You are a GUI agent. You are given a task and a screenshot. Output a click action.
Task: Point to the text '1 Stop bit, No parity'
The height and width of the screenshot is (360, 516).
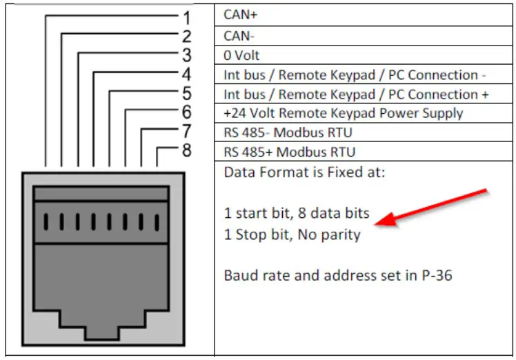pyautogui.click(x=292, y=234)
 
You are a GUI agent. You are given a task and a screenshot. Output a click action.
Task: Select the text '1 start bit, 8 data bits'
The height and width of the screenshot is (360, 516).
pyautogui.click(x=297, y=214)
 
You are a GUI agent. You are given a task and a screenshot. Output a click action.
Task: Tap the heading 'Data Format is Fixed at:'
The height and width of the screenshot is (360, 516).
pyautogui.click(x=304, y=172)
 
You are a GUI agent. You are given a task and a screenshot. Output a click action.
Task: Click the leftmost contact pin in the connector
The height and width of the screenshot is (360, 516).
pyautogui.click(x=45, y=221)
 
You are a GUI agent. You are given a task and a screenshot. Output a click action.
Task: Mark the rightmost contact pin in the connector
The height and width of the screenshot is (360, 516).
pyautogui.click(x=157, y=221)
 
